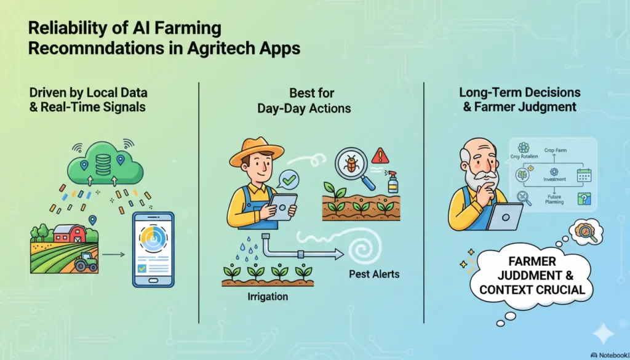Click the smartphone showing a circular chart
coord(153,249)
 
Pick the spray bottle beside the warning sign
coord(392,182)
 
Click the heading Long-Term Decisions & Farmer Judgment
coord(518,99)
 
